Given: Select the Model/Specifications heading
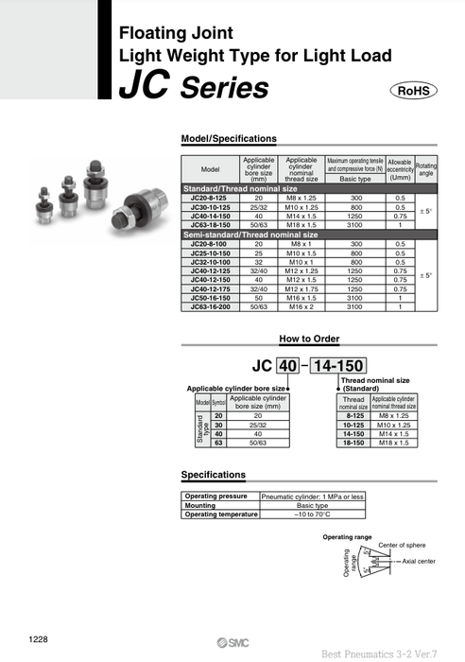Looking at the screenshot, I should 228,138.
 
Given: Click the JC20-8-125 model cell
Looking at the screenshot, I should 211,199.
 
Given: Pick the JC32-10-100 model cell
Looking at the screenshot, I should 211,260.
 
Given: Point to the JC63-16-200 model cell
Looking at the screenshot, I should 211,307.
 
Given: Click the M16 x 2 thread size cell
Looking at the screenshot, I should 301,307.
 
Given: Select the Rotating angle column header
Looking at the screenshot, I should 426,168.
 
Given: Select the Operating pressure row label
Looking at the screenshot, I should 216,496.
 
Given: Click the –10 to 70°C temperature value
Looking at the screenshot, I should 311,514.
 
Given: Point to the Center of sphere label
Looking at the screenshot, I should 402,546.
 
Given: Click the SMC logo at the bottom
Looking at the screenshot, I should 216,640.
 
